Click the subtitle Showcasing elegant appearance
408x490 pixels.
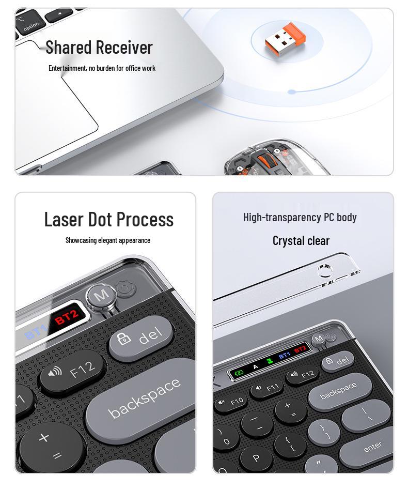(107, 240)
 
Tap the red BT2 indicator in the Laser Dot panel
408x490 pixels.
(67, 317)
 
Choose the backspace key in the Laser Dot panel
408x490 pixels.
(145, 398)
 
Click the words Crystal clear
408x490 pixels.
(301, 240)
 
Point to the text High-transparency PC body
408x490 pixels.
(300, 217)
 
